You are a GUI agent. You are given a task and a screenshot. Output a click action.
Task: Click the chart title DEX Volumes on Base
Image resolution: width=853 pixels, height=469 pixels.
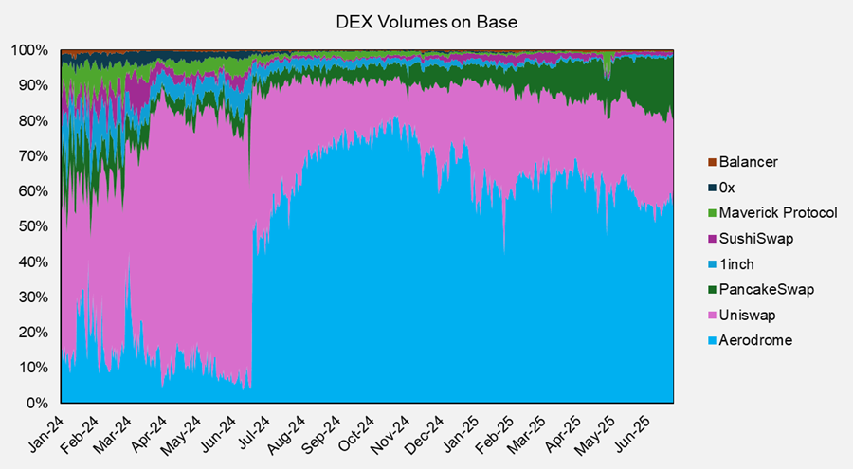426,21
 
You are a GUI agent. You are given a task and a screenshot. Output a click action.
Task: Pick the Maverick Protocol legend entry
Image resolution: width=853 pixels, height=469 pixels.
776,213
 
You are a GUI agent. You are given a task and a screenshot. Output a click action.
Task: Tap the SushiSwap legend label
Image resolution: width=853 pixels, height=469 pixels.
753,239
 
